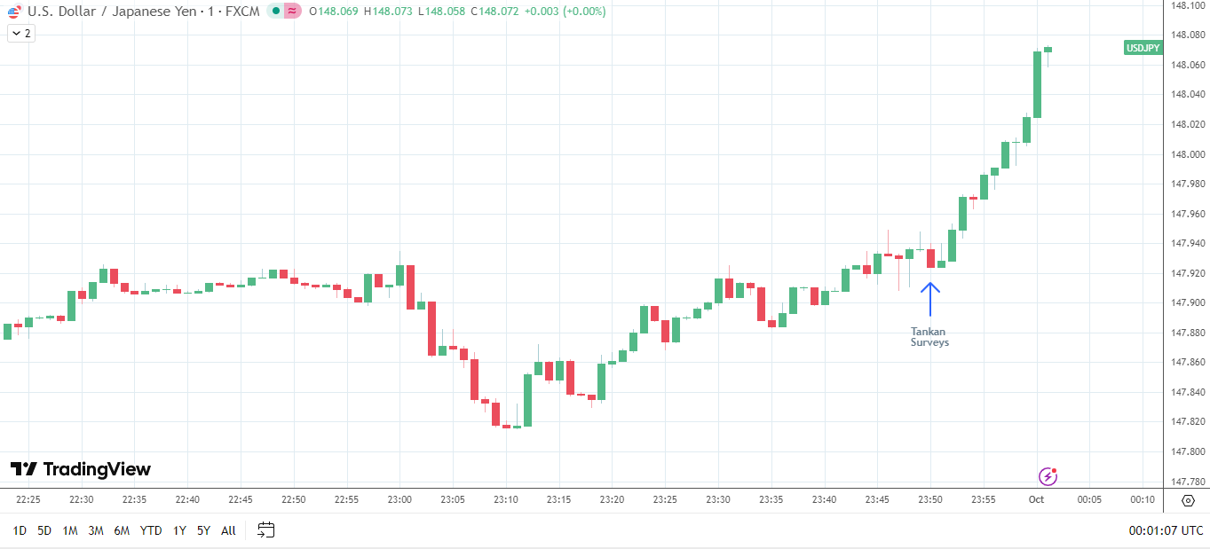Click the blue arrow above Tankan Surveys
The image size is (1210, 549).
point(929,299)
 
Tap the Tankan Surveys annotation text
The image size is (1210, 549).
point(929,337)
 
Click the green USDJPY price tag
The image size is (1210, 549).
point(1143,48)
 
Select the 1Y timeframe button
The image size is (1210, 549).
point(179,530)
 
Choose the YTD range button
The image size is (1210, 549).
point(151,530)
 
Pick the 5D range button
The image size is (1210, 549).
point(44,530)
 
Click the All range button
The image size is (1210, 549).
point(228,530)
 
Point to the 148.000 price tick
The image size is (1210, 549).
point(1188,154)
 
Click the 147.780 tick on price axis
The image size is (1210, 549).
point(1188,482)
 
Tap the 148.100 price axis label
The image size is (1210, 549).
point(1188,5)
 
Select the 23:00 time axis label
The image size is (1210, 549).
point(399,499)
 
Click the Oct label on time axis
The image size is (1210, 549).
point(1036,499)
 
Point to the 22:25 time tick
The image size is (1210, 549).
point(28,499)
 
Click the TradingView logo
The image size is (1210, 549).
point(81,469)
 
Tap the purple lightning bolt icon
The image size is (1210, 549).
point(1048,476)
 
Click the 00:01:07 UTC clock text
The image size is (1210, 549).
point(1167,530)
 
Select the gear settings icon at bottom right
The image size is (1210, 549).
point(1189,500)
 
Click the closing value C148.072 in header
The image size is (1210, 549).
point(494,12)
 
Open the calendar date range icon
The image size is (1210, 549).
point(266,530)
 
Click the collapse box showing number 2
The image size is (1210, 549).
point(21,33)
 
